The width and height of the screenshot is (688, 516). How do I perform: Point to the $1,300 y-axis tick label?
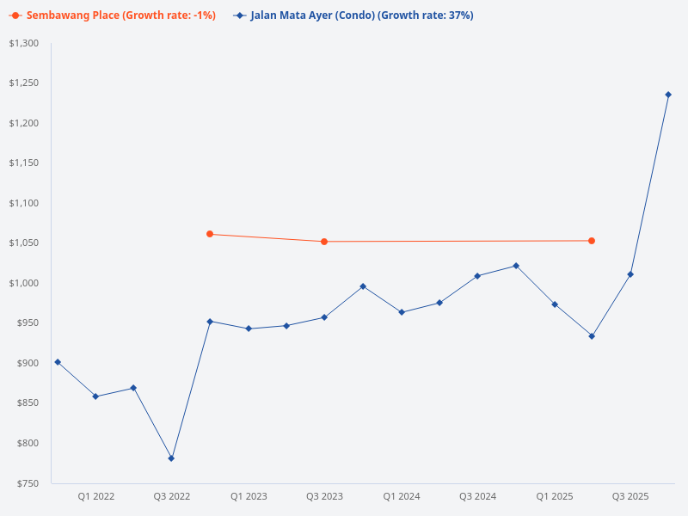tap(24, 43)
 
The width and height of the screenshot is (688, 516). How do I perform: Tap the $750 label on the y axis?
tap(28, 483)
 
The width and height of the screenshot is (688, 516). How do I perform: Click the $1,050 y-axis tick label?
tap(24, 243)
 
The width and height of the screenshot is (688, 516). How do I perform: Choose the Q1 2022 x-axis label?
tap(96, 496)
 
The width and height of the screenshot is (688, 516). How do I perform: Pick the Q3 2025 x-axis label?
tap(630, 496)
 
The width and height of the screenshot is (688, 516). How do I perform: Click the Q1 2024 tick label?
tap(402, 496)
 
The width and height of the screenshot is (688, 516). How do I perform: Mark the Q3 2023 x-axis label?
tap(325, 496)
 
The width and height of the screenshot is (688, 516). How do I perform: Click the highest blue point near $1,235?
tap(668, 95)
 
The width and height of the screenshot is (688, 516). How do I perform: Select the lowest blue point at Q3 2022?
tap(171, 458)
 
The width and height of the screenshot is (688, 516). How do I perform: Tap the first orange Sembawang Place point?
tap(210, 234)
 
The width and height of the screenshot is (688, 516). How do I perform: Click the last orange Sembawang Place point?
tap(592, 241)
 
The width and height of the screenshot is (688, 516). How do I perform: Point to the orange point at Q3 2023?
tap(324, 242)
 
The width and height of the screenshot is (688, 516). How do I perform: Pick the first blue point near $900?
tap(58, 362)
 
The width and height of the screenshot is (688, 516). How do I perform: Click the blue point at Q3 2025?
tap(630, 274)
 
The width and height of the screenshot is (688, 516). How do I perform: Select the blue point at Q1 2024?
tap(402, 312)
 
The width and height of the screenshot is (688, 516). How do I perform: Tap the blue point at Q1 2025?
tap(555, 304)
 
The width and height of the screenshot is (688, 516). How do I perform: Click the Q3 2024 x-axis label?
tap(478, 496)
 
